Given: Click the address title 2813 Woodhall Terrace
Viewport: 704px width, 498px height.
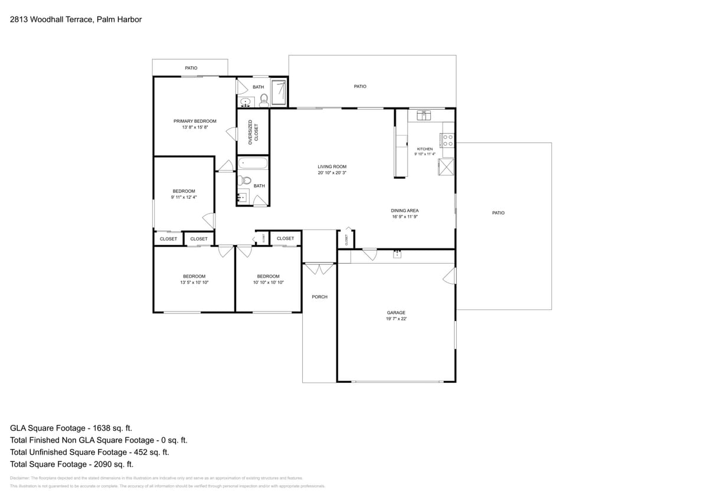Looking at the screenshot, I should tap(76, 19).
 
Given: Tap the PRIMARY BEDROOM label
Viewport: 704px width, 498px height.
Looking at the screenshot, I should tap(195, 121).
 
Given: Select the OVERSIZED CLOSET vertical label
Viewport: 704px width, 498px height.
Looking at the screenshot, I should tap(253, 132).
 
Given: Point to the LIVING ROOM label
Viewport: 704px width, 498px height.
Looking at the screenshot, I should tap(332, 167).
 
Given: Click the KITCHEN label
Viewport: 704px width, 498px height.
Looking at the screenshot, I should tap(424, 149).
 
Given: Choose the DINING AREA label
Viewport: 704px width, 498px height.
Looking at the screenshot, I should tap(404, 211).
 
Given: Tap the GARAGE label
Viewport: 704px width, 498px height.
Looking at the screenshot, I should tap(396, 313).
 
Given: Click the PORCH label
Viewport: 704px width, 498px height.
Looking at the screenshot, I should tap(319, 297).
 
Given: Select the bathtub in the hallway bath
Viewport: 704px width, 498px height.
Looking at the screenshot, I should tap(253, 163).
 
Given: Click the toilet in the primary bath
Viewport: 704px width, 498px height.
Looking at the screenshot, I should tap(264, 100).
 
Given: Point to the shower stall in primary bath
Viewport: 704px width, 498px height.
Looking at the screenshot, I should tap(279, 92).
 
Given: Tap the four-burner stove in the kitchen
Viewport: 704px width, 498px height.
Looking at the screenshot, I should tap(448, 140).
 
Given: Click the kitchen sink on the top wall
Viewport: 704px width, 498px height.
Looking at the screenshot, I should tap(424, 114).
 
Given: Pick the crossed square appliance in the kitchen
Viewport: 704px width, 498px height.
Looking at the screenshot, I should tap(447, 167).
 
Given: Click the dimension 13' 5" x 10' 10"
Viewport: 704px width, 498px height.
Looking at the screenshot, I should tap(194, 283).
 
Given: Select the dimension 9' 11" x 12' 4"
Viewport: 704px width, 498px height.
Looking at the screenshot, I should tap(184, 197).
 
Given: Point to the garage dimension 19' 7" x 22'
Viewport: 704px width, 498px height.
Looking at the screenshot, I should tap(396, 319).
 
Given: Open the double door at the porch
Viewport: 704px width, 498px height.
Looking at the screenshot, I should tap(319, 270).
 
